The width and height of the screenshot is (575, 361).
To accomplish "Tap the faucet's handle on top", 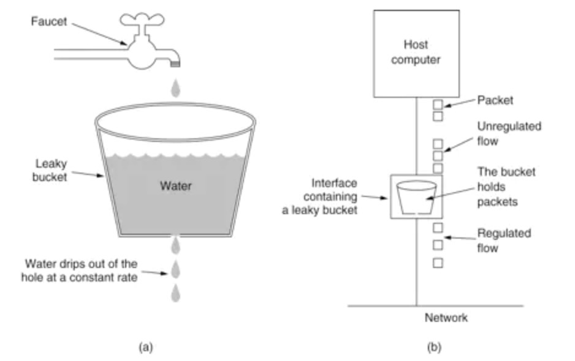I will pos(141,18).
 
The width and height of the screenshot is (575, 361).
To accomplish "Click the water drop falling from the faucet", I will pos(176,87).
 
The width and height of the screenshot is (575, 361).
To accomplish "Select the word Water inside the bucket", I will pos(176,186).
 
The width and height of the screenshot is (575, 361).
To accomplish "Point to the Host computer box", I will pos(416,53).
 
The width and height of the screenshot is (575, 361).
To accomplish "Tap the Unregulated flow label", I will pos(509,133).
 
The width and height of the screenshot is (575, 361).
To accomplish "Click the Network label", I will pos(446,318).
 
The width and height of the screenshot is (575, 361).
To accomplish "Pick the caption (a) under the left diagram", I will pos(145,347).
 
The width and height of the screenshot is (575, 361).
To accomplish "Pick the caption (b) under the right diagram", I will pos(433,347).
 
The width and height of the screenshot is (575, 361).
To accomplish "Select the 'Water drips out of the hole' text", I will pos(81,270).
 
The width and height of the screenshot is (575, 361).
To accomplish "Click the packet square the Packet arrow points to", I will pos(438,104).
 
